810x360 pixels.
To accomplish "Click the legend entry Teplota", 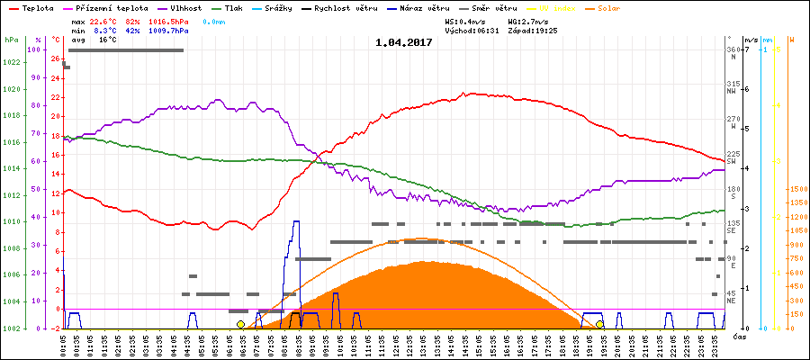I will (x=36, y=7).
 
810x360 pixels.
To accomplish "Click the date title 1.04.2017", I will (x=404, y=42).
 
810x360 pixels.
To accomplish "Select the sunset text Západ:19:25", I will (x=533, y=30).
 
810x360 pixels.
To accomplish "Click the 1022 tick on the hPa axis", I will (x=12, y=63).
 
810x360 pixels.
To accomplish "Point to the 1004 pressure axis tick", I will (x=12, y=302).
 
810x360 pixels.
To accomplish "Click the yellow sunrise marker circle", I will (x=240, y=324).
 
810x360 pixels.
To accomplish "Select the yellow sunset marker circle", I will (x=599, y=324).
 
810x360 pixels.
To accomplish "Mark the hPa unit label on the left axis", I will (x=11, y=40).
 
